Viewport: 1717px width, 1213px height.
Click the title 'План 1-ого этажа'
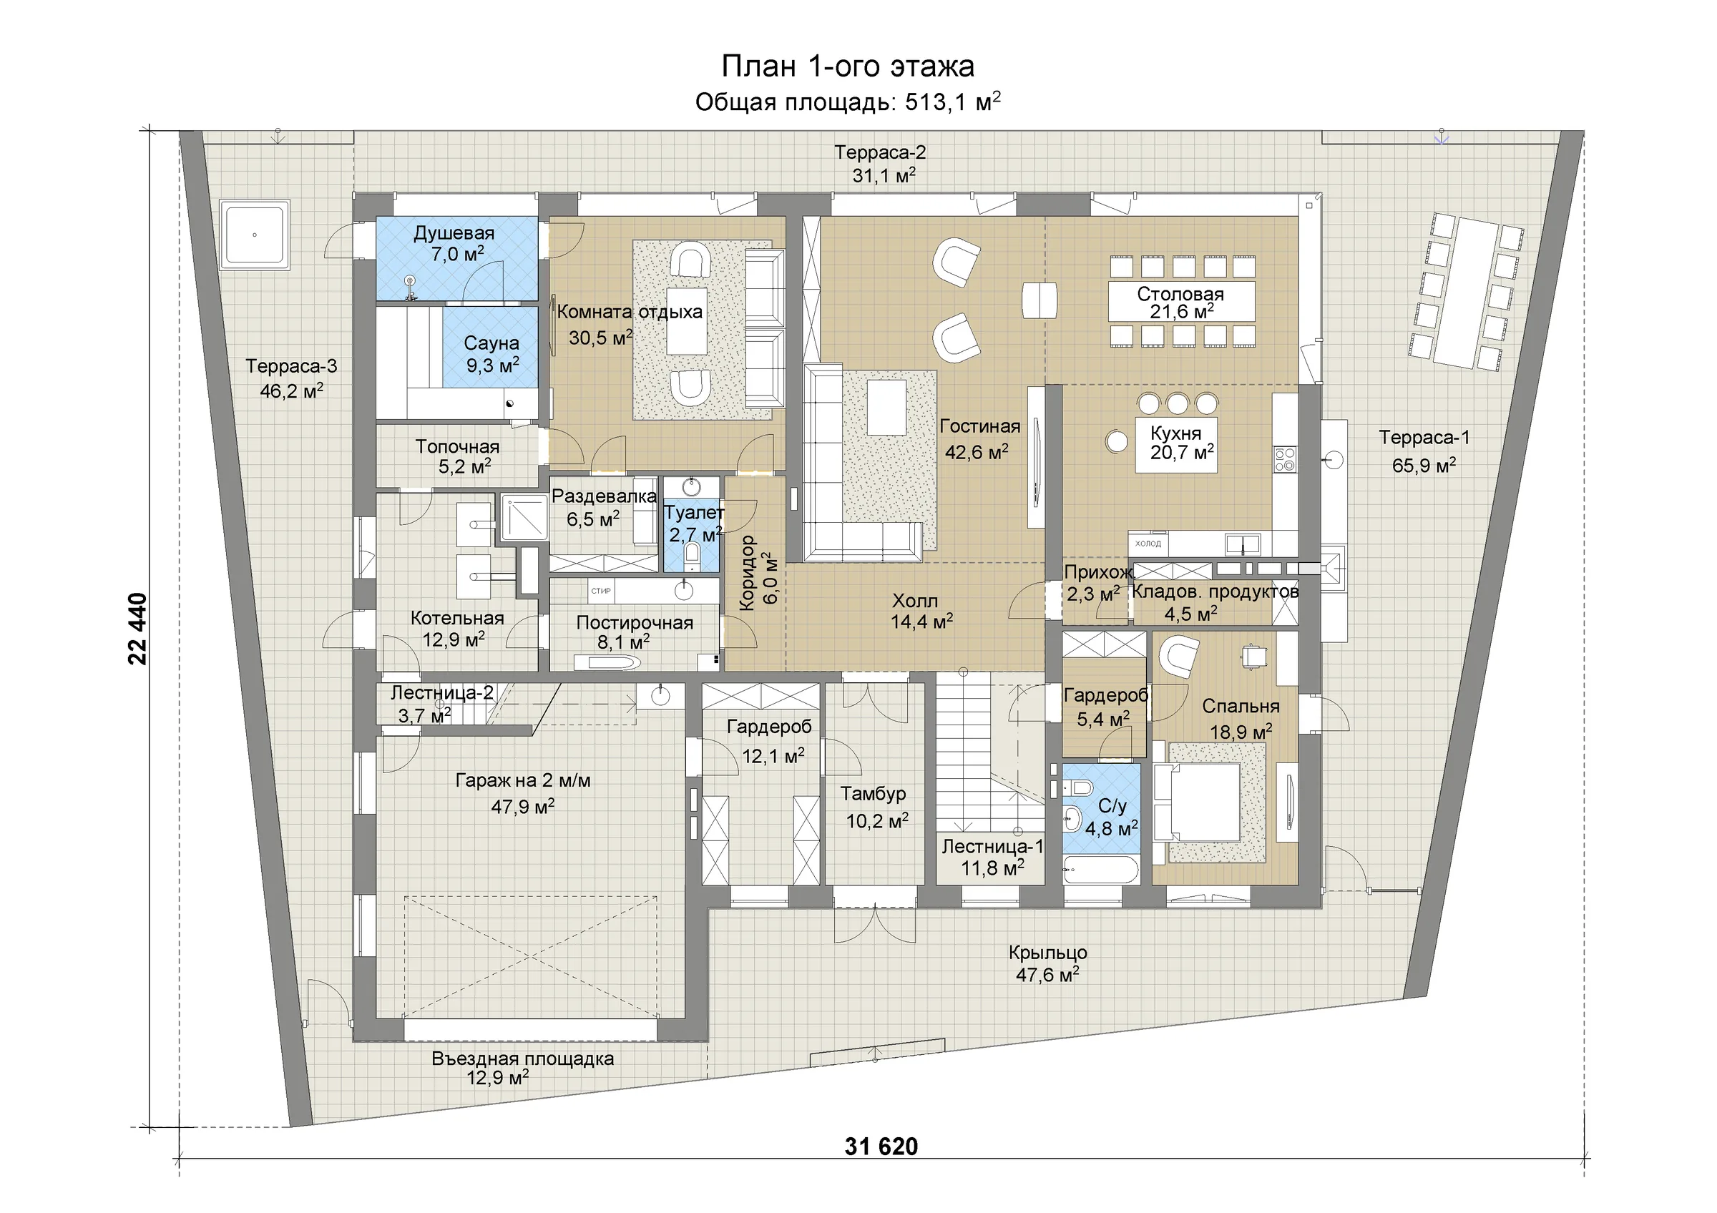pos(847,67)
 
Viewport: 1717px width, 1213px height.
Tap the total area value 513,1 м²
pos(953,102)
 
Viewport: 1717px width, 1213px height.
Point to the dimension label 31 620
pos(881,1146)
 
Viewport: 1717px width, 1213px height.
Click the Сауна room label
pos(491,343)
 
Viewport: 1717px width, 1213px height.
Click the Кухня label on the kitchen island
pos(1175,433)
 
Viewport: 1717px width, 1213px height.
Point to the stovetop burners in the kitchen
pos(1285,460)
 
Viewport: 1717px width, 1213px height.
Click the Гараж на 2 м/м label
pos(523,781)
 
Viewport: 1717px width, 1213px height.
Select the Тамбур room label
pos(873,793)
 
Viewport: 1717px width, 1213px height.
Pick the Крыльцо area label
pos(1047,953)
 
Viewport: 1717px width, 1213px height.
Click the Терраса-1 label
pos(1424,437)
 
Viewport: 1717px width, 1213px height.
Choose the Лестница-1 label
pos(992,847)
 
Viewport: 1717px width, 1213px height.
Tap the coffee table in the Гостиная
pos(886,406)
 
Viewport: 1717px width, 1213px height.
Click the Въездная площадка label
pos(523,1059)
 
